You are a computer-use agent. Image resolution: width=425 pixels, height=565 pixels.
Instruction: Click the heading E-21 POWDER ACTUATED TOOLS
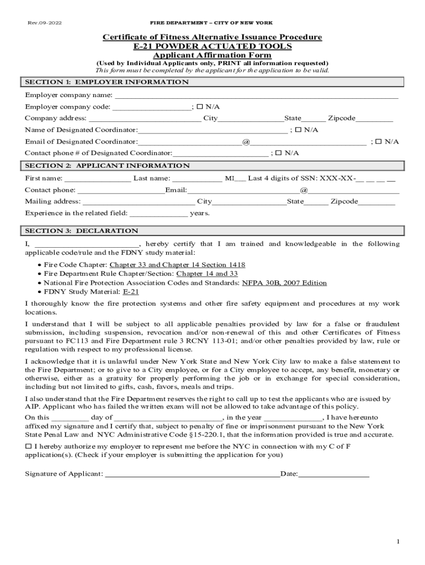click(x=212, y=46)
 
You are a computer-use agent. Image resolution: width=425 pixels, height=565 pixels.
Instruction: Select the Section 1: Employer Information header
click(x=107, y=82)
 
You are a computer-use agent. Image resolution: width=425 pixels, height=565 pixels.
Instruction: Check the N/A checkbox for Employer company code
click(x=200, y=107)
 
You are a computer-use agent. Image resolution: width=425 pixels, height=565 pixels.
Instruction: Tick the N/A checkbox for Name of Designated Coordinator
click(x=298, y=130)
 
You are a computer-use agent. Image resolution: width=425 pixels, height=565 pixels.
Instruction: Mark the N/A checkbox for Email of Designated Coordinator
click(x=379, y=142)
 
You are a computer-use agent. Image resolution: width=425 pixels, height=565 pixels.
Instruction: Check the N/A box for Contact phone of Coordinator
click(x=279, y=153)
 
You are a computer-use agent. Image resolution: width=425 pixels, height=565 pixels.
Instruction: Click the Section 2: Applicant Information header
click(x=107, y=166)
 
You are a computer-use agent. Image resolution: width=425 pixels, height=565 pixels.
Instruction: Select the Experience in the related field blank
click(x=158, y=214)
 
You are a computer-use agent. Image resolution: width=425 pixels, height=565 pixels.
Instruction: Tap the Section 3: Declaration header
click(x=82, y=231)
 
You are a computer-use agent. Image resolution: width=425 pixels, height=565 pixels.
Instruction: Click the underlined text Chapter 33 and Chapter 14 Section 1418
click(x=178, y=265)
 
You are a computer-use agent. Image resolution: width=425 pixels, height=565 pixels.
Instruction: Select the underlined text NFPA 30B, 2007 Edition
click(x=284, y=283)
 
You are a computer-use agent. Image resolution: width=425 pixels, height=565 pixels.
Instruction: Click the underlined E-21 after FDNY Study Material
click(x=131, y=292)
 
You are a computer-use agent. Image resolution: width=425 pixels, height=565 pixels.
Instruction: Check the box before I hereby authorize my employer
click(x=29, y=446)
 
